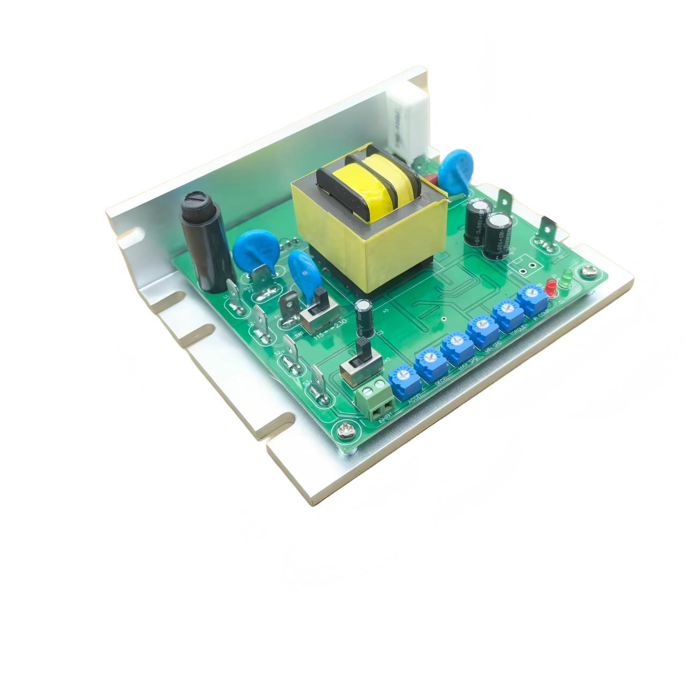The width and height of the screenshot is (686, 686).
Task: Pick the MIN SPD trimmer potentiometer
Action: click(480, 327)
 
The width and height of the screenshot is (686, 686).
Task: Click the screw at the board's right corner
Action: click(588, 272)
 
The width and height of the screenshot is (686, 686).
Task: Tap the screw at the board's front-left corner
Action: click(343, 430)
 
